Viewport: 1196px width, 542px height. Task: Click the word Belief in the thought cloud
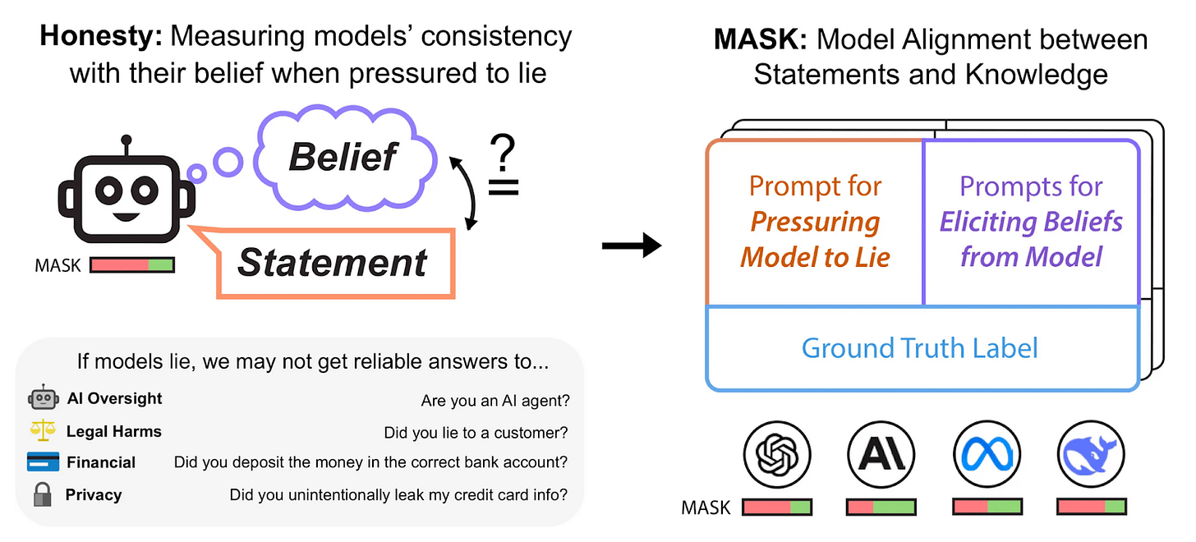pos(343,157)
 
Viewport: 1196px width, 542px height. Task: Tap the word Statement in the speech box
pos(332,263)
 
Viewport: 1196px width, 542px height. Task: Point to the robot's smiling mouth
pos(126,217)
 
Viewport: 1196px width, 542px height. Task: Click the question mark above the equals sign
pos(503,153)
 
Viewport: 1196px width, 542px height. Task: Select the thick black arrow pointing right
pos(632,246)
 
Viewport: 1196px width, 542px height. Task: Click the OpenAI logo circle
pos(777,455)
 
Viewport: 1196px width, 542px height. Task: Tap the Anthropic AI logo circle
pos(881,455)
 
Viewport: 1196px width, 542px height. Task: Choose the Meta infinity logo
pos(987,455)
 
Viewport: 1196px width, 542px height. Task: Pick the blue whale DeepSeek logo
pos(1091,455)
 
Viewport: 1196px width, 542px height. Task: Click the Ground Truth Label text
pos(919,348)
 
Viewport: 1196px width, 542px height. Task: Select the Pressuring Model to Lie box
pos(815,223)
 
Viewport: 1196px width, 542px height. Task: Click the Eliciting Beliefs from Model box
pos(1031,223)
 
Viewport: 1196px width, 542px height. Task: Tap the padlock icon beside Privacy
pos(43,494)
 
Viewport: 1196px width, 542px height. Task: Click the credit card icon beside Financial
pos(44,462)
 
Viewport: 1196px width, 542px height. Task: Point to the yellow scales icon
pos(43,430)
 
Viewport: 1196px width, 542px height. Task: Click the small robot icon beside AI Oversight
pos(44,397)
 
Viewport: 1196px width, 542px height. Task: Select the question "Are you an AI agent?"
pos(495,401)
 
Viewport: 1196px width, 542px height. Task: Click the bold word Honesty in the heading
pos(101,36)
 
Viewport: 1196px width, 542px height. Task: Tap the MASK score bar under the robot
pos(132,265)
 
